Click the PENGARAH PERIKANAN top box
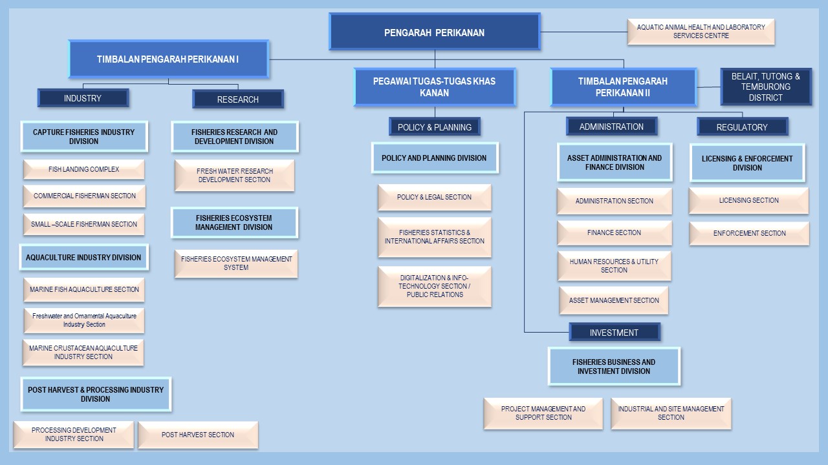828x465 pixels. (434, 32)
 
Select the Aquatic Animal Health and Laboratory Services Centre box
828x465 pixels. (701, 32)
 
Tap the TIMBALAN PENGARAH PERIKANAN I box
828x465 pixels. (168, 59)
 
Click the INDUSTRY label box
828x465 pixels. (83, 98)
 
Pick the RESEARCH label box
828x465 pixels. (237, 99)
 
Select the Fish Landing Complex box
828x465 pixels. (83, 169)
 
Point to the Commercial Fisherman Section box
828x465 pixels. (84, 196)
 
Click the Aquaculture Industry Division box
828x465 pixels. (83, 257)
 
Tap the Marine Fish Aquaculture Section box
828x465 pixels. (84, 289)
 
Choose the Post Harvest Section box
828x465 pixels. (198, 435)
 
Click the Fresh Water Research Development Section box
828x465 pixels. (235, 176)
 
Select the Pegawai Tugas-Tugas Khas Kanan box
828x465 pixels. (434, 87)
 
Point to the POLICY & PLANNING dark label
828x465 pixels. (434, 127)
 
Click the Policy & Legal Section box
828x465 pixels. (434, 197)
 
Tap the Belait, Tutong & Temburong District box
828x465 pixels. (766, 87)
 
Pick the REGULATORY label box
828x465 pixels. (741, 127)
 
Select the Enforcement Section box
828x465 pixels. (749, 233)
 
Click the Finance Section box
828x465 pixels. (614, 232)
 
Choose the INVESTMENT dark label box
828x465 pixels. (614, 333)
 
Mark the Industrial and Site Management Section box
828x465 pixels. (671, 413)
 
